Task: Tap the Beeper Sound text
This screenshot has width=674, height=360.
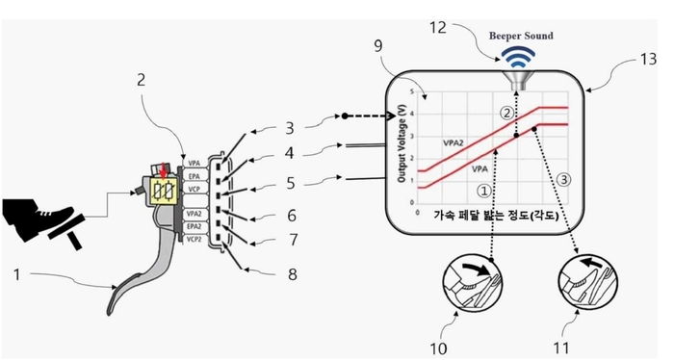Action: pyautogui.click(x=521, y=36)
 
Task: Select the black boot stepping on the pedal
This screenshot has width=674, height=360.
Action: pyautogui.click(x=34, y=213)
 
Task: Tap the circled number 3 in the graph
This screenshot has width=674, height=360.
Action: pyautogui.click(x=563, y=177)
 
